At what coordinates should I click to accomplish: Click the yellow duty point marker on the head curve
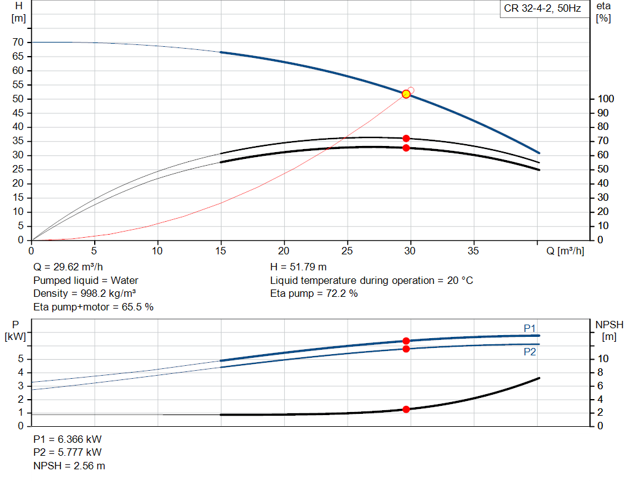(x=406, y=94)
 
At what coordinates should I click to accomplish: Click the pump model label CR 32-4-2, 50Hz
(x=542, y=9)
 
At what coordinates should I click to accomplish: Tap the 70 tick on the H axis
(x=18, y=42)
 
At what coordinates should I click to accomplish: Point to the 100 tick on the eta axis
(x=605, y=99)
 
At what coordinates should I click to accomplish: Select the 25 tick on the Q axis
(x=348, y=251)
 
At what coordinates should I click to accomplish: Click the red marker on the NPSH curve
(x=406, y=409)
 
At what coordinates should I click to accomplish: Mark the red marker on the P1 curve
(x=406, y=341)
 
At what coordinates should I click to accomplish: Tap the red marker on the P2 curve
(x=406, y=349)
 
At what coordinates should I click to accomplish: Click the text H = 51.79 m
(x=298, y=267)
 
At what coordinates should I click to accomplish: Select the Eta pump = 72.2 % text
(x=314, y=293)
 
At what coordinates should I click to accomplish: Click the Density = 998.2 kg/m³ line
(x=84, y=293)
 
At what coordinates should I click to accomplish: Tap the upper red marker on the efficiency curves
(x=406, y=139)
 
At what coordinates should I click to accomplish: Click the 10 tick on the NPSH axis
(x=603, y=359)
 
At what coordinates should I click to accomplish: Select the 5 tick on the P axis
(x=21, y=359)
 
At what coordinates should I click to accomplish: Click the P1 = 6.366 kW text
(x=68, y=439)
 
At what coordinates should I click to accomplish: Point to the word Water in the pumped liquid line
(x=124, y=280)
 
